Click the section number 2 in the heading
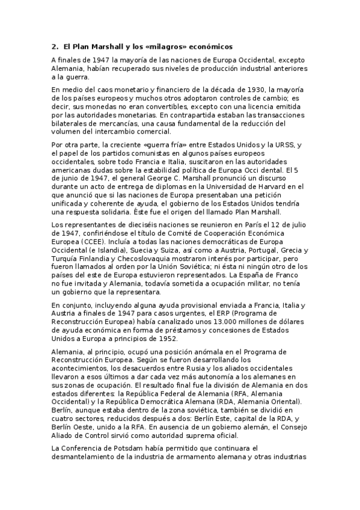tap(54, 46)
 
